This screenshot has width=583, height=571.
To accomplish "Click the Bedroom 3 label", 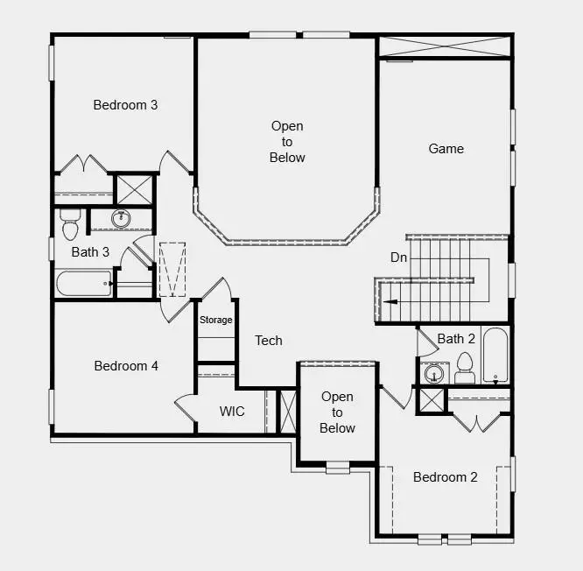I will pyautogui.click(x=125, y=105).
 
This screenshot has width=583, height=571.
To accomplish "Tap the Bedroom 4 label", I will pyautogui.click(x=126, y=366).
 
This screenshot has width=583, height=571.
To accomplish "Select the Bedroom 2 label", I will pyautogui.click(x=446, y=477).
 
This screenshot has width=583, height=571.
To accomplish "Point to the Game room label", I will pyautogui.click(x=446, y=149).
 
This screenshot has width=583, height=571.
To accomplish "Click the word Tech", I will pyautogui.click(x=268, y=341).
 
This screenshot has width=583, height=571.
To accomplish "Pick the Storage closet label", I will pyautogui.click(x=215, y=321).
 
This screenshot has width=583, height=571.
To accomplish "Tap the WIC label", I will pyautogui.click(x=232, y=411).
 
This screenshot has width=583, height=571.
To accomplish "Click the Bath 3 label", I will pyautogui.click(x=90, y=252).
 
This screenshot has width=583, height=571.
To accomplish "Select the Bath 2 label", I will pyautogui.click(x=456, y=339).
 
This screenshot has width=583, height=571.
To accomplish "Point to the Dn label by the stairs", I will pyautogui.click(x=398, y=257).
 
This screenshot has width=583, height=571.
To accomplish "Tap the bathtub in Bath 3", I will pyautogui.click(x=84, y=284).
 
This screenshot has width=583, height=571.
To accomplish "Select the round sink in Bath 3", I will pyautogui.click(x=121, y=219).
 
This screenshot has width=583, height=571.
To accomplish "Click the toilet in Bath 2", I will pyautogui.click(x=465, y=369).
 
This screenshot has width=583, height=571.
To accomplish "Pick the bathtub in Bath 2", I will pyautogui.click(x=495, y=356).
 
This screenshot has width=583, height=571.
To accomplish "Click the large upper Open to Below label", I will pyautogui.click(x=287, y=142).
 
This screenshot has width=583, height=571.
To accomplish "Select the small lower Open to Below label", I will pyautogui.click(x=337, y=412).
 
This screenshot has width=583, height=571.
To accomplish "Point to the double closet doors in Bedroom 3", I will pyautogui.click(x=83, y=166).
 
